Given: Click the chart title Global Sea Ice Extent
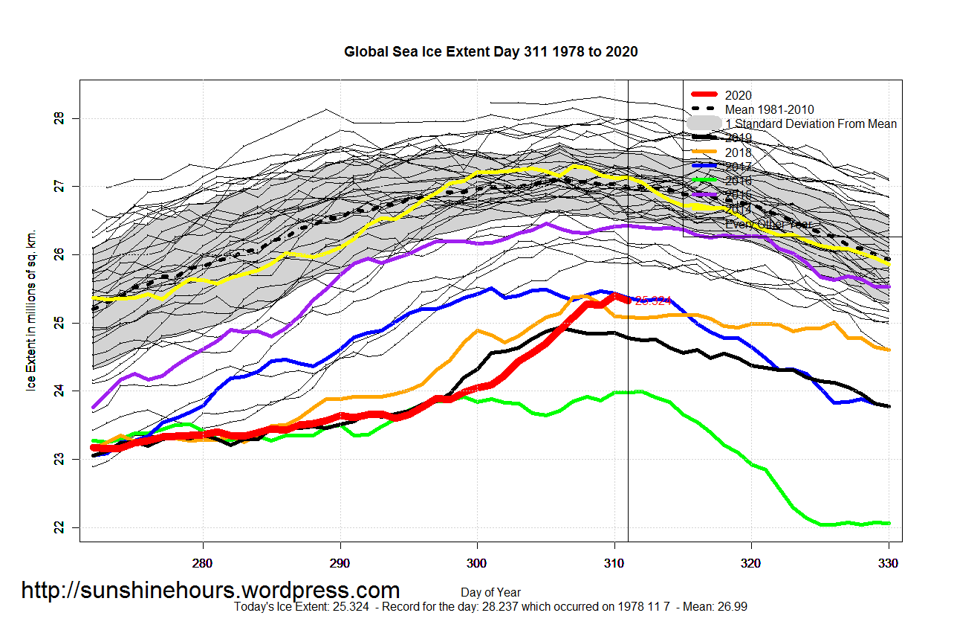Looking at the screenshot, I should pos(490,52).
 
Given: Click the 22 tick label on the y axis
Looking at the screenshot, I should pos(59,527).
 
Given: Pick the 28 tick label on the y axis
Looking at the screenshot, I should pos(59,118).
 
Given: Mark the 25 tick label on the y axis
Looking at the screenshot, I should pos(59,323).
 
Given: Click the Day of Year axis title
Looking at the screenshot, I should pos(490,593).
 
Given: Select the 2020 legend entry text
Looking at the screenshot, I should pos(738,95).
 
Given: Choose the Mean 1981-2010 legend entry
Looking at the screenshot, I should pos(769,109).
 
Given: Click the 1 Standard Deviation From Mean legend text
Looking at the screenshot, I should pos(811,123).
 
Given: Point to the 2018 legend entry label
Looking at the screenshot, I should pos(738,152).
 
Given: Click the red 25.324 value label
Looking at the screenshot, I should pos(653,301).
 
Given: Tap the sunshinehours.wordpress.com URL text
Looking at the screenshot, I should pos(210,591).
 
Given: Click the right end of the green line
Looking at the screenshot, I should pos(889,523).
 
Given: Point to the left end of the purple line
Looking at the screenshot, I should pos(94,407).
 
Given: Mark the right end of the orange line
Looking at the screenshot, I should pos(889,350).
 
